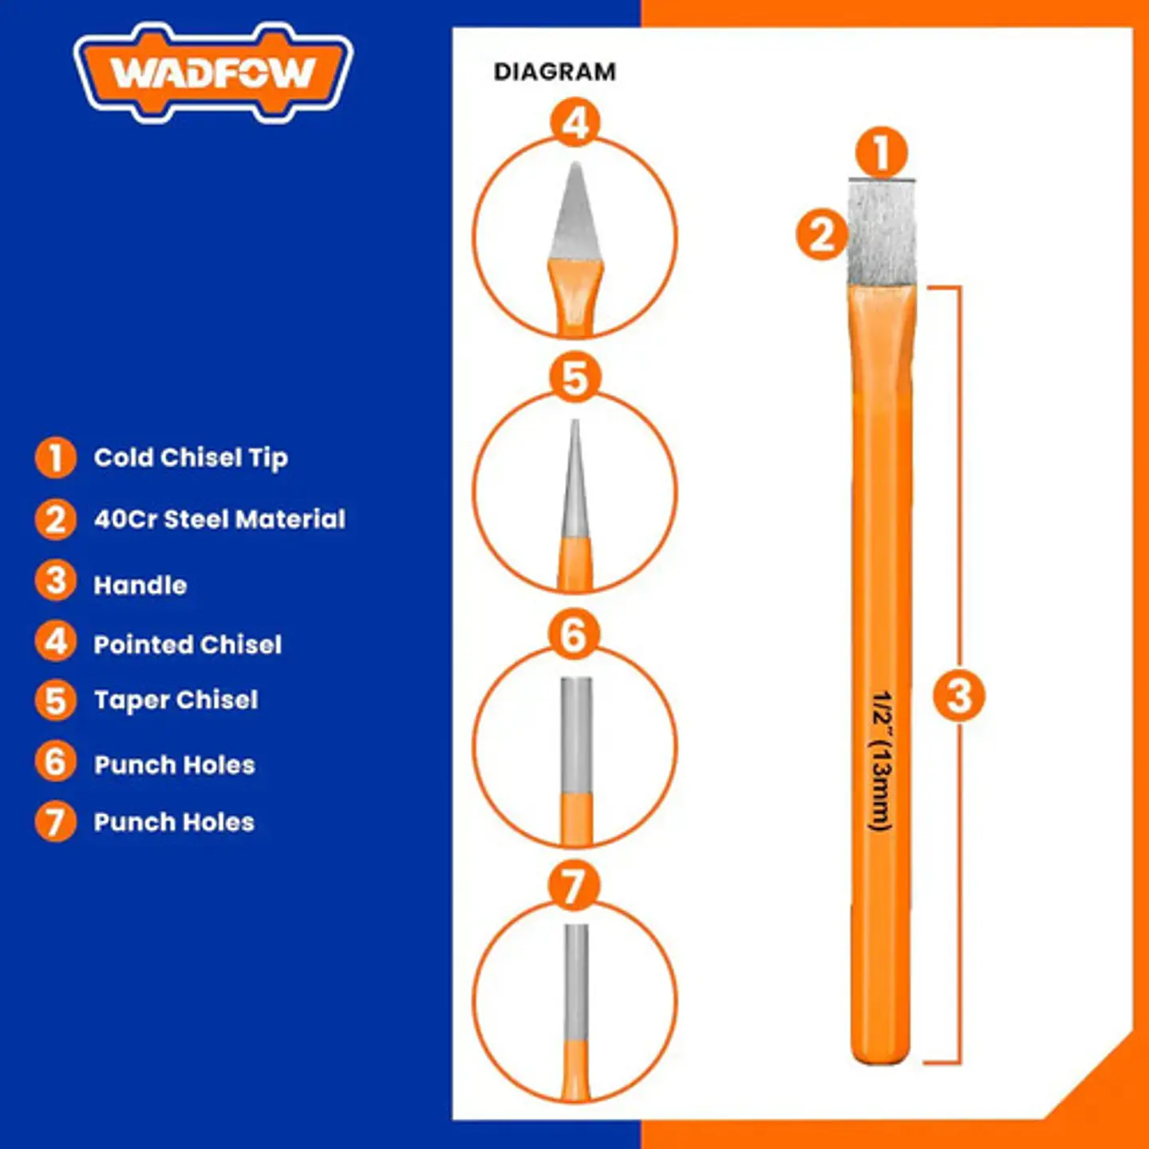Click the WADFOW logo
pyautogui.click(x=214, y=73)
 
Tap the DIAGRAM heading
pyautogui.click(x=555, y=72)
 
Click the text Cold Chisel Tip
pyautogui.click(x=191, y=458)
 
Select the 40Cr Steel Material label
pyautogui.click(x=219, y=519)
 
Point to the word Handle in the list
pyautogui.click(x=140, y=586)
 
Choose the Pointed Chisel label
pyautogui.click(x=188, y=645)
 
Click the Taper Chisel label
pyautogui.click(x=176, y=700)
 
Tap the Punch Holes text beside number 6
pyautogui.click(x=174, y=765)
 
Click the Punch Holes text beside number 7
pyautogui.click(x=174, y=822)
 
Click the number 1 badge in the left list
pyautogui.click(x=55, y=458)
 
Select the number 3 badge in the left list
pyautogui.click(x=55, y=582)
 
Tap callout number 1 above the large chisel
pyautogui.click(x=881, y=152)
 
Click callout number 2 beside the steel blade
pyautogui.click(x=822, y=235)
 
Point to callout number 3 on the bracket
pyautogui.click(x=959, y=695)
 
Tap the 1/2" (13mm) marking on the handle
pyautogui.click(x=881, y=760)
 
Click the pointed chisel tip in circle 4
pyautogui.click(x=575, y=211)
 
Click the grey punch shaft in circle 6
pyautogui.click(x=576, y=735)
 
